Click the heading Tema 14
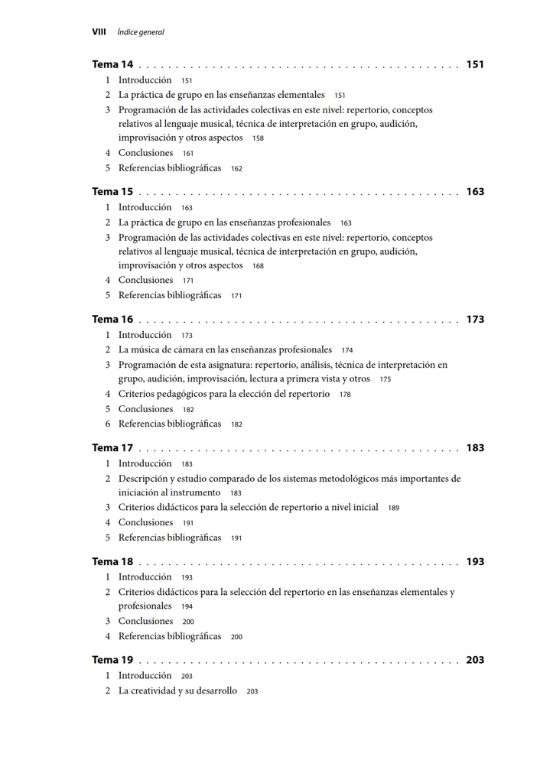point(112,65)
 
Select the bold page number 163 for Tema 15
point(475,192)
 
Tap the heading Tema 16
point(112,320)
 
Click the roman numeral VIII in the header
point(99,32)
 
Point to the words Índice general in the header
point(141,32)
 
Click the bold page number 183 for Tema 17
point(475,448)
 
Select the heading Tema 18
point(112,562)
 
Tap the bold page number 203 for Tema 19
point(475,660)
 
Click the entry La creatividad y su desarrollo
point(177,690)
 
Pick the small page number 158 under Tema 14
point(258,138)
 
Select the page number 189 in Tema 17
point(393,508)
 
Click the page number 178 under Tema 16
point(345,395)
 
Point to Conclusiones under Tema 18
point(145,621)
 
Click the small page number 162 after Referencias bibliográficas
point(236,168)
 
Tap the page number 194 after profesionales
point(187,606)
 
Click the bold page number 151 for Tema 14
point(475,65)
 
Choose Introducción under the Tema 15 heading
point(145,207)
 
